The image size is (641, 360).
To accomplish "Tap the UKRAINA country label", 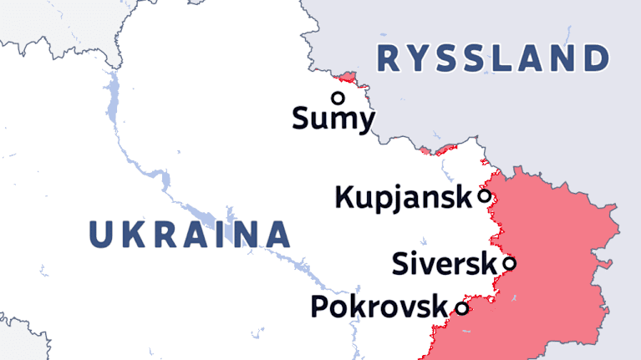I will pos(189,235).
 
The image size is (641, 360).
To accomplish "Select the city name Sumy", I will pos(333,119).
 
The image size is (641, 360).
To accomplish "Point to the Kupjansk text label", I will pos(404,198).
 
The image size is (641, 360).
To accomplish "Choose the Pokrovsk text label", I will pos(379,307).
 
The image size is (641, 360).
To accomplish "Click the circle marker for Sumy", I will pos(338,97).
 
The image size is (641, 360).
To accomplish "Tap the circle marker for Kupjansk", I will pos(484,197).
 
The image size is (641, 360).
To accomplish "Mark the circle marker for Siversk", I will pos(509,264).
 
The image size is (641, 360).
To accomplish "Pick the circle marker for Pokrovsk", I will pos(461,309).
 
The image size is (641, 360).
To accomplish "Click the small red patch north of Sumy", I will pos(350,80).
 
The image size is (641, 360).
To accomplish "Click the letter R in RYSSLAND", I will pos(390,59).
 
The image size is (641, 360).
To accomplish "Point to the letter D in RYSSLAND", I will pos(595,59).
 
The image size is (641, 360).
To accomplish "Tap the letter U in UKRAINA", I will pos(102,235).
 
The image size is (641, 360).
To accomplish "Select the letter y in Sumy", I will pos(364,122).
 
